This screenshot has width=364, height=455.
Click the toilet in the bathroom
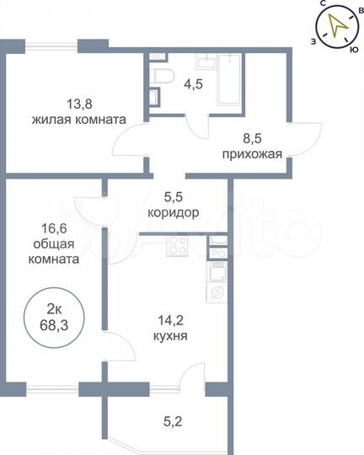click(x=163, y=78)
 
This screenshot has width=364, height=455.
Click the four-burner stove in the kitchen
click(x=179, y=247)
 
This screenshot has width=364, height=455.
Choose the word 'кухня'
click(x=170, y=335)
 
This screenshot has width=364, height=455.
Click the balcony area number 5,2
click(x=170, y=416)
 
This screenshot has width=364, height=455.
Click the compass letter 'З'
click(x=313, y=40)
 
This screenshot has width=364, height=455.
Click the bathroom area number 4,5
click(x=194, y=83)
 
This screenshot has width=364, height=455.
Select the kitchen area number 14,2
click(x=170, y=319)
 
